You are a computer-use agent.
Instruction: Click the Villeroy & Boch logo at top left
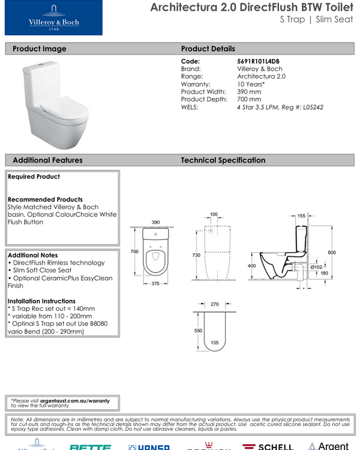54,18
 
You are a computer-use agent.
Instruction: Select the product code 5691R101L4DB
259,61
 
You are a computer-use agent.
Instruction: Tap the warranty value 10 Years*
251,85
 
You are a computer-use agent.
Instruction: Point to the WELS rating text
280,107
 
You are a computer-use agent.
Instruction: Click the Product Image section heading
40,49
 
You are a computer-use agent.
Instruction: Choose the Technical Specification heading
223,160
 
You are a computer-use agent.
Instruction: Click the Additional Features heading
47,160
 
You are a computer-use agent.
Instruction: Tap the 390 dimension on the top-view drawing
156,222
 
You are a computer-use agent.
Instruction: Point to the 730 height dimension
196,255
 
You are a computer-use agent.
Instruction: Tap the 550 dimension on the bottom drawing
199,331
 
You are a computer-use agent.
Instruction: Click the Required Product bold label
34,177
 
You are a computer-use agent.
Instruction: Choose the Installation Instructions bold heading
41,301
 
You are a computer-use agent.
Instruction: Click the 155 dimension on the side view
302,215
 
